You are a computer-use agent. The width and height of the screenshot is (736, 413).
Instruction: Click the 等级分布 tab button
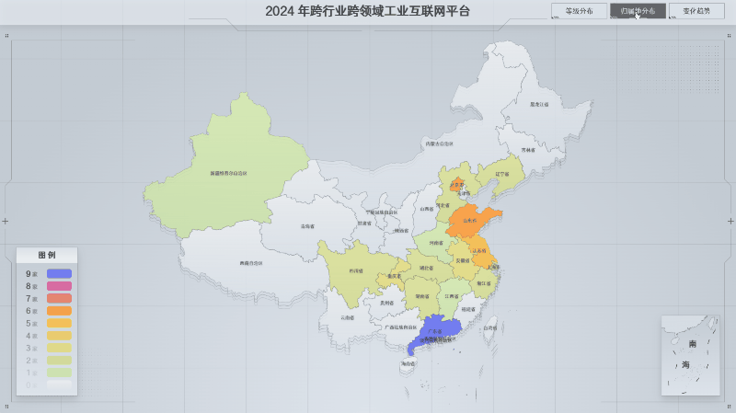coord(579,11)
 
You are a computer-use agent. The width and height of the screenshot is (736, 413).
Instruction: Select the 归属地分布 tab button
coord(638,11)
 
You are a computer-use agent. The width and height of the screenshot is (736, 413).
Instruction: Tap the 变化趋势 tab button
coord(696,11)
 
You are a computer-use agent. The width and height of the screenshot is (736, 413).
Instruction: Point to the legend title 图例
coord(47,255)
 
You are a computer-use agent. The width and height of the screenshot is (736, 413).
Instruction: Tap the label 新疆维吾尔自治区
coord(228,172)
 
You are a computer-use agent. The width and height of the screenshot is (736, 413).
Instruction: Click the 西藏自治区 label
coord(251,263)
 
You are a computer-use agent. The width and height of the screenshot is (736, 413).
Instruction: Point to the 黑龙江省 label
coord(538,105)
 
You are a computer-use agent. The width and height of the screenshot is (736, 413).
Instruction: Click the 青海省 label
coord(307,226)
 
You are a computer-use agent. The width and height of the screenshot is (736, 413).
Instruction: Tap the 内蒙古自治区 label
coord(439,143)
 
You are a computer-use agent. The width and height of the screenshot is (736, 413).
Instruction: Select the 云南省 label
coord(347,317)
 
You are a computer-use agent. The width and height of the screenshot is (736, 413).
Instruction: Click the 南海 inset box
coord(689,355)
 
